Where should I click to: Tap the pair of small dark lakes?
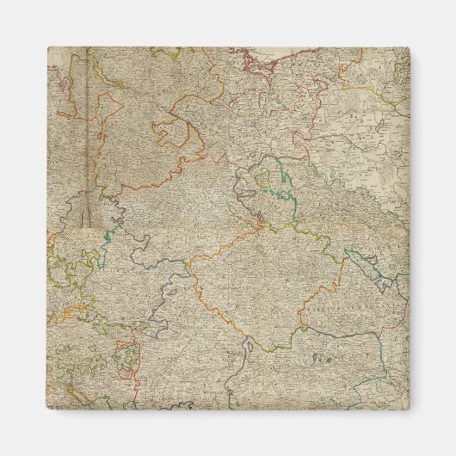321,354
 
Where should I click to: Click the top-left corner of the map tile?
47,47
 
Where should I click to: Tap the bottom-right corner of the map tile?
410,410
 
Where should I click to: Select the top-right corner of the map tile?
410,47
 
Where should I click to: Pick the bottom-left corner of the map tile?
47,410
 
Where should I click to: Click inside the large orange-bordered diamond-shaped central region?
258,284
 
